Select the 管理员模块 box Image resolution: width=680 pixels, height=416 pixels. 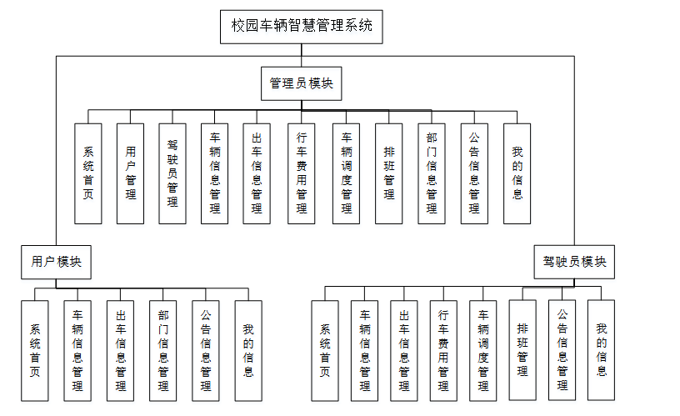pos(301,83)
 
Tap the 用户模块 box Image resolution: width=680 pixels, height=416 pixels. pos(56,262)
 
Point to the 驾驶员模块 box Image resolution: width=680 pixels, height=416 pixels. pos(575,262)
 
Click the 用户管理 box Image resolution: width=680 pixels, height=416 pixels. pos(130,173)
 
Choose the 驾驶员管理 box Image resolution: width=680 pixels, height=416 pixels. pos(172,173)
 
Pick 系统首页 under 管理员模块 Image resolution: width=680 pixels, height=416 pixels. pos(87,173)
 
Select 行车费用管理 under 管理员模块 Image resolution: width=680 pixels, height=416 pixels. pos(301,173)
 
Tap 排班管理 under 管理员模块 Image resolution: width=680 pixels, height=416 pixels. pos(388,173)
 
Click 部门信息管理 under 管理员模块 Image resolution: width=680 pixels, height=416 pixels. pos(431,173)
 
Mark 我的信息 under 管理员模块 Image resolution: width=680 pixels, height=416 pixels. pos(517,173)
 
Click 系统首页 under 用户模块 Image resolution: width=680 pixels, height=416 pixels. pos(35,350)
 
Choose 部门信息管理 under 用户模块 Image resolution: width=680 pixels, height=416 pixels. pos(162,350)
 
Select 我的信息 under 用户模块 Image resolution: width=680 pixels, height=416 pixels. pos(247,350)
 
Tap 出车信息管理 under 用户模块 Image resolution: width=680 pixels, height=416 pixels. pos(120,350)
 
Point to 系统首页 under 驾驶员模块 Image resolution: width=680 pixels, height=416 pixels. pos(325,350)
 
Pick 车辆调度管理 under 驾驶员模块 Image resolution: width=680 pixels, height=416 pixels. pos(482,350)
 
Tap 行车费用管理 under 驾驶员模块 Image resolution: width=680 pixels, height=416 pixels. pos(443,350)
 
